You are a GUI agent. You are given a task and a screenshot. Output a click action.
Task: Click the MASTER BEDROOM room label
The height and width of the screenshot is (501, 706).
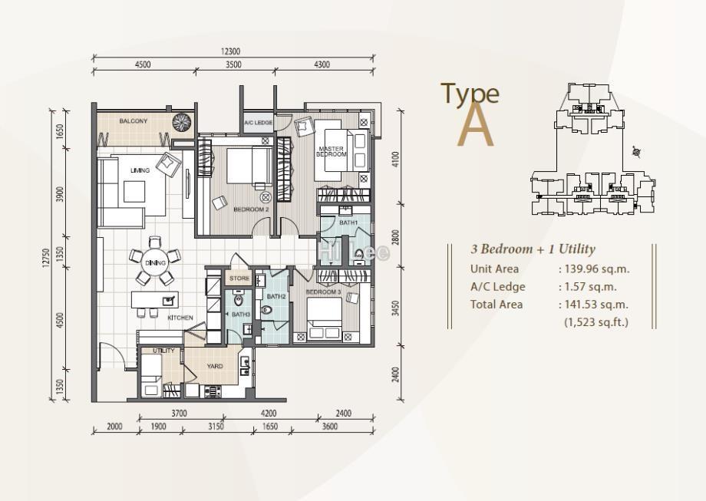tap(332, 151)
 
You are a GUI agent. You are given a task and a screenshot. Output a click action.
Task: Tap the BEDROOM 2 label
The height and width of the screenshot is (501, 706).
tap(251, 209)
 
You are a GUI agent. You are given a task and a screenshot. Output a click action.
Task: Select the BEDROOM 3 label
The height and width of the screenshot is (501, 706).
tap(323, 292)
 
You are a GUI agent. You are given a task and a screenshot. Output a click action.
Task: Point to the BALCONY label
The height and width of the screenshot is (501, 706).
tap(134, 121)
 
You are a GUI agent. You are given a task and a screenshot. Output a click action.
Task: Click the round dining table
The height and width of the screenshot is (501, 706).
tap(155, 263)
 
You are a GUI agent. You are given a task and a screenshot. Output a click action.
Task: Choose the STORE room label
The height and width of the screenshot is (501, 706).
tap(239, 279)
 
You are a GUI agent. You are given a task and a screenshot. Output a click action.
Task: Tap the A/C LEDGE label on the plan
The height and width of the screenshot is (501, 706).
tap(259, 123)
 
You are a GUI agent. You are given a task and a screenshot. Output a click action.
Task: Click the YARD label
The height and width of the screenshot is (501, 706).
tap(215, 366)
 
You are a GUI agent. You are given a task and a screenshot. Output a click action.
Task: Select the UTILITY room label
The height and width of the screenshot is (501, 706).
tap(163, 351)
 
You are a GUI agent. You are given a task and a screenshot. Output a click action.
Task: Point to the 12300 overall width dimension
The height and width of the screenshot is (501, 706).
tap(231, 51)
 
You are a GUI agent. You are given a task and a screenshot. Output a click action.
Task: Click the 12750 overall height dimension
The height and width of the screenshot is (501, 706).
tap(47, 259)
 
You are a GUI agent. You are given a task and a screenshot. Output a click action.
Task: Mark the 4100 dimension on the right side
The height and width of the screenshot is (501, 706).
tap(395, 159)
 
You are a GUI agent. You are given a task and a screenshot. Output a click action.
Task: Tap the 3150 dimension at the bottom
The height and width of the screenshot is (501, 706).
tap(216, 427)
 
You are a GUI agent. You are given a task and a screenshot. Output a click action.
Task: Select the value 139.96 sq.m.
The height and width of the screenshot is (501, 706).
tap(593, 269)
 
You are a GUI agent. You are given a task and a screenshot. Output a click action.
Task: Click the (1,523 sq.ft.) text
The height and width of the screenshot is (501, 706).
tap(595, 322)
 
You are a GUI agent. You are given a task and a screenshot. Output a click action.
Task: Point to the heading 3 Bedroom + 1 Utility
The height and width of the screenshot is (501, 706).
tap(533, 249)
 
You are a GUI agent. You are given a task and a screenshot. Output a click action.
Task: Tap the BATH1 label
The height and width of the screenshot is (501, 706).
tap(348, 222)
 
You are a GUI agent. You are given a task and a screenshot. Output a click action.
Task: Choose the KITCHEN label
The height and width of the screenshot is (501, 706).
tap(180, 317)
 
